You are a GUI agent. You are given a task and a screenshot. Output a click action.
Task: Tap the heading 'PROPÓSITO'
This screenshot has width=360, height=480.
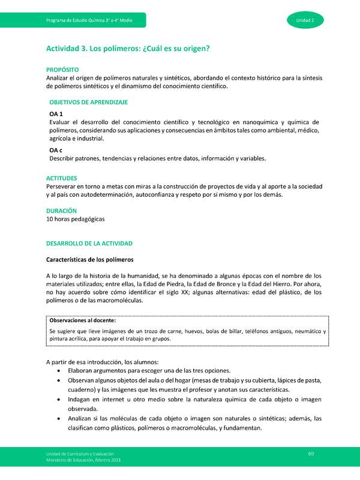[62, 70]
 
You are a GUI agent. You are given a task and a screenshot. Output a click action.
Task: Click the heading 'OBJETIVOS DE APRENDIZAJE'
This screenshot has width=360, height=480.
[88, 103]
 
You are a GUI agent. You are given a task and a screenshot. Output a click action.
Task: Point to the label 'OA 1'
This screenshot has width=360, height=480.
[56, 114]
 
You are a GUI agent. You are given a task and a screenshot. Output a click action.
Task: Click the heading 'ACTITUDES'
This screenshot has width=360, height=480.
[62, 178]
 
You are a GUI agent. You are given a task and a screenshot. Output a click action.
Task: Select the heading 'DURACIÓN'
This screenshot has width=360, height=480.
[62, 211]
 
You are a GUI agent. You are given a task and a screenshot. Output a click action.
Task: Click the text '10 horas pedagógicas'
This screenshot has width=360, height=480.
[75, 220]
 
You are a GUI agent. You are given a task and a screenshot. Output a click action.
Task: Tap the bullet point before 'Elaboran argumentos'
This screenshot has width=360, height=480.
[58, 371]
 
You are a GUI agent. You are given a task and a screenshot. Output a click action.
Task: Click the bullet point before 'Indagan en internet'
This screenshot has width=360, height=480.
[58, 400]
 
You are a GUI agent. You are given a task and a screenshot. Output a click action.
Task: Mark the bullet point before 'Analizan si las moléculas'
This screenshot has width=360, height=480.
[58, 419]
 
